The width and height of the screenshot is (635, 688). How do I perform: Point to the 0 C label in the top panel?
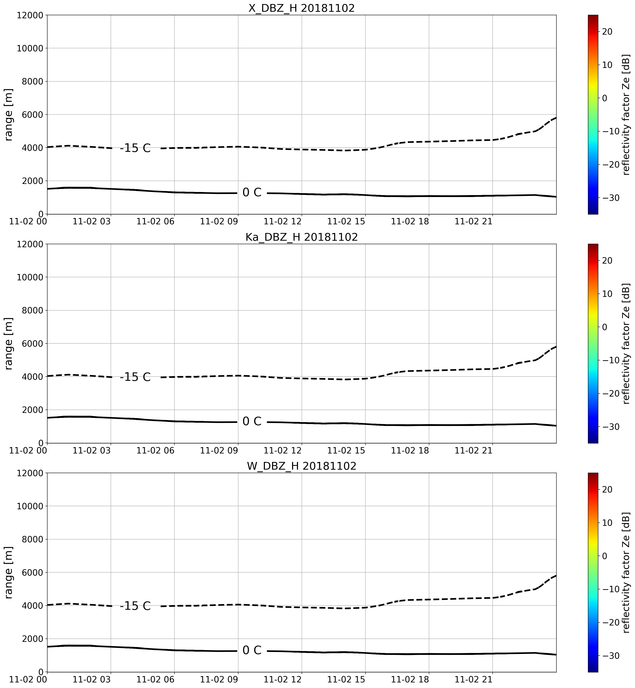[x=252, y=193]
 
